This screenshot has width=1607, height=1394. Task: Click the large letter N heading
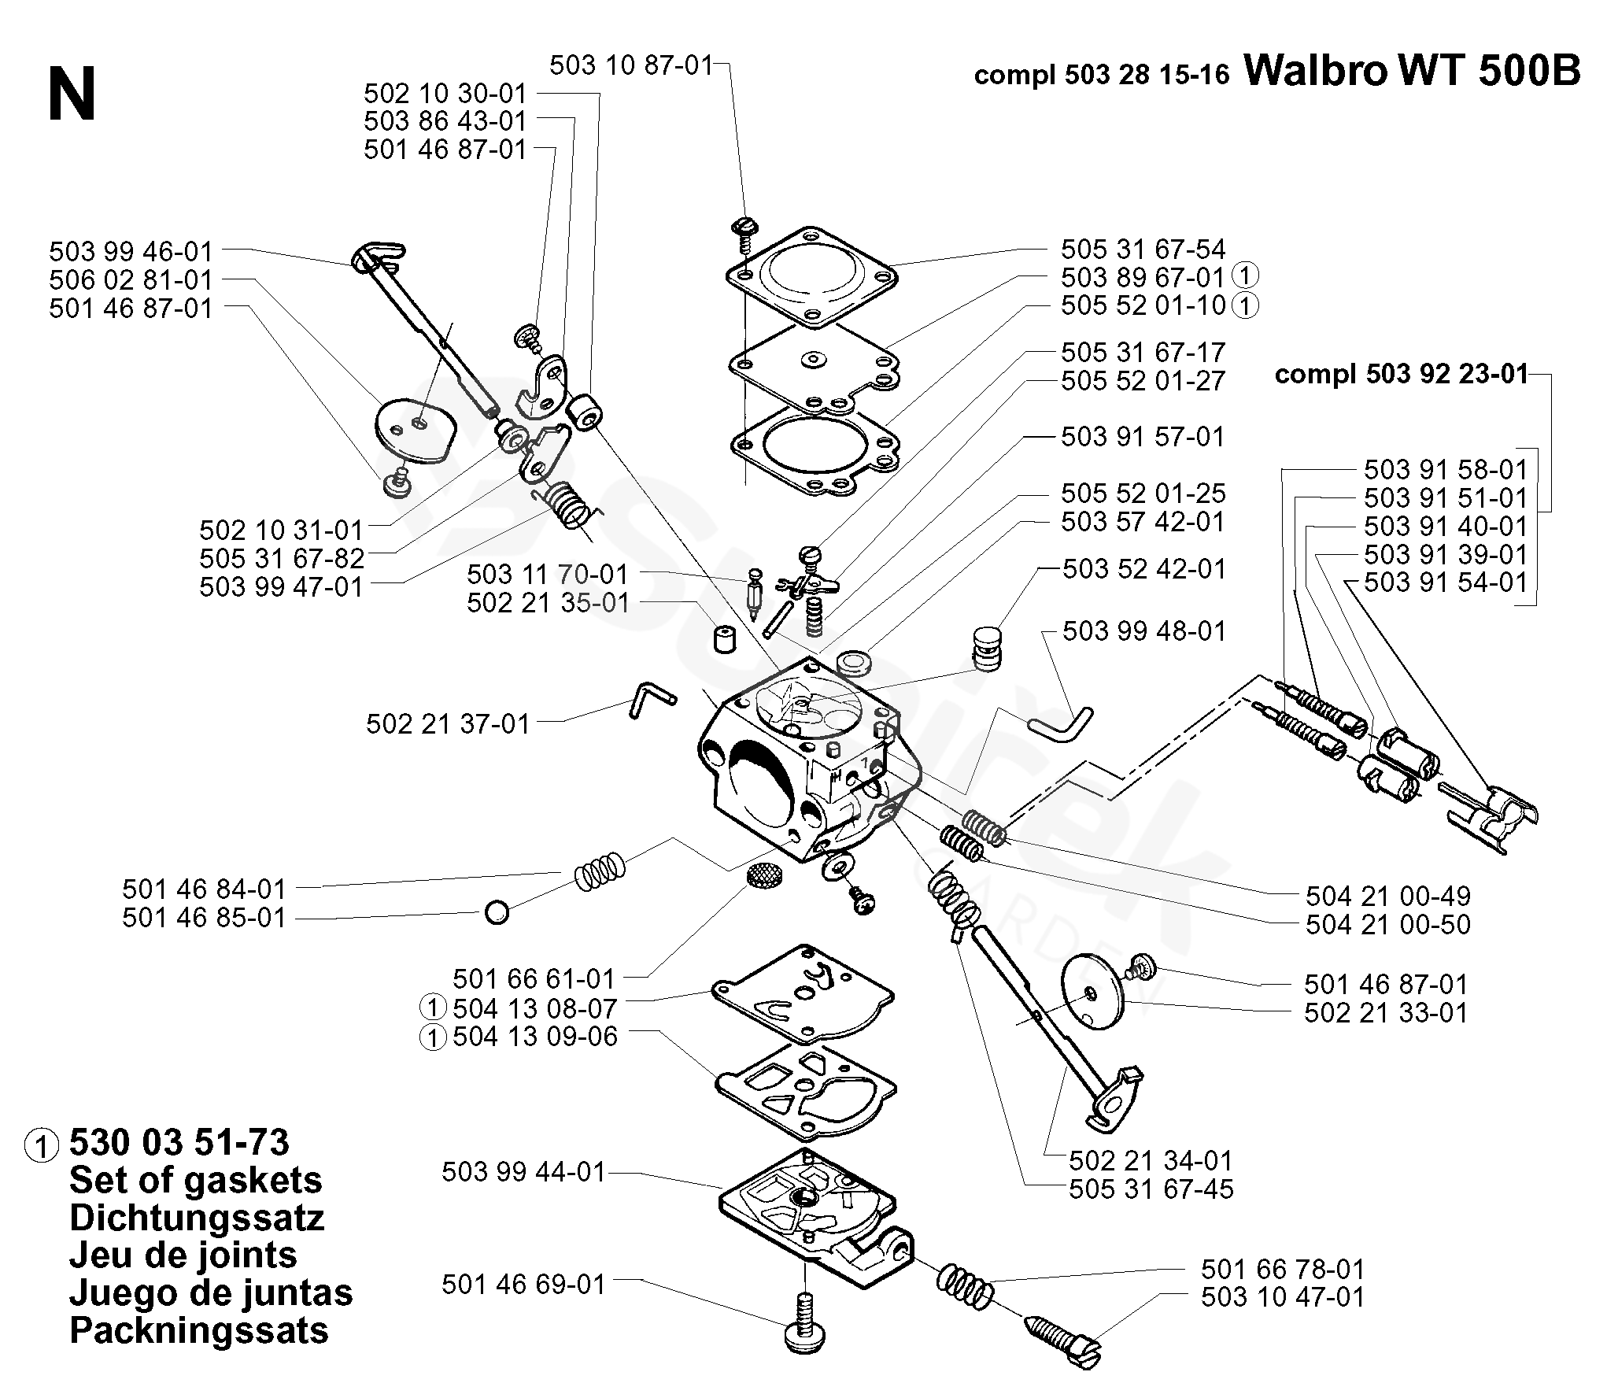tap(72, 94)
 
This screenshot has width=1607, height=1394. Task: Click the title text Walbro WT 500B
tap(1412, 72)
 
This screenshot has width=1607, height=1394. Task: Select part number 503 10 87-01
tap(631, 65)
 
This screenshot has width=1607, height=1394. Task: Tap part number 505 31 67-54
tap(1143, 250)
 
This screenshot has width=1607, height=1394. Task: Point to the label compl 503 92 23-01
tap(1402, 374)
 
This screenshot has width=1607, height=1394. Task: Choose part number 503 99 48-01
tap(1144, 630)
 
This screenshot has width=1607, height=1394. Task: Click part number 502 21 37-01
tap(448, 723)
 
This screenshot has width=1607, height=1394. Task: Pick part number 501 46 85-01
tap(204, 918)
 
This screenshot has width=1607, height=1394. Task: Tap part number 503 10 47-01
tap(1283, 1296)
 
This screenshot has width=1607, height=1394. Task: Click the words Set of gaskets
tap(196, 1181)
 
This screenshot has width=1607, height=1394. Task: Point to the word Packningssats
tap(199, 1330)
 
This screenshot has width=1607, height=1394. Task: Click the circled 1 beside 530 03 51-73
tap(42, 1146)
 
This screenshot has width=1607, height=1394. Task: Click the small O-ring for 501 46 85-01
tap(497, 913)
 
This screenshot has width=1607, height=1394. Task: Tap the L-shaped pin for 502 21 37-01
tap(650, 697)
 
